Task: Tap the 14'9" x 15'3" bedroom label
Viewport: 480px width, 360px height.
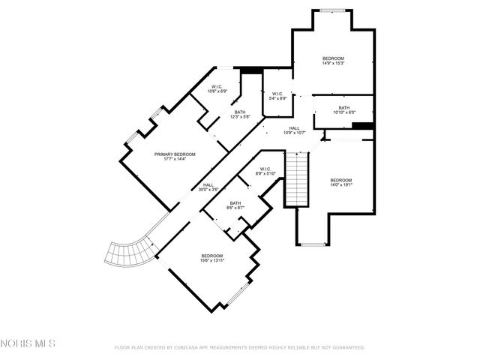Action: (x=333, y=60)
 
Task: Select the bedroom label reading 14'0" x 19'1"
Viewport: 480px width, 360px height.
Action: (x=341, y=183)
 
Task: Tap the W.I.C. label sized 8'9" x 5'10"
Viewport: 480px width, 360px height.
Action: (x=265, y=171)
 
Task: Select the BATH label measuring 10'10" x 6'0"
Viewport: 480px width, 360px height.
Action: (x=343, y=110)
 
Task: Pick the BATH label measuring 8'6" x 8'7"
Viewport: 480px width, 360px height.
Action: (x=235, y=205)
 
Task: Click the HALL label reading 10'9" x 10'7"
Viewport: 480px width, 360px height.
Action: (x=295, y=130)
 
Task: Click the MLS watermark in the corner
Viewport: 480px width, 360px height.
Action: (x=28, y=344)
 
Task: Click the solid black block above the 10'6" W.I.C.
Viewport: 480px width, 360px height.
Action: (x=250, y=71)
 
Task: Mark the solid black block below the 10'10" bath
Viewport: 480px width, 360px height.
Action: (x=362, y=125)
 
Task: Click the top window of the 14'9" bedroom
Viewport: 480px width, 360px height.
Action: (x=333, y=10)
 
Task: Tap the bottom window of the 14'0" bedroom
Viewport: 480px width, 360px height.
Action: (x=312, y=243)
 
